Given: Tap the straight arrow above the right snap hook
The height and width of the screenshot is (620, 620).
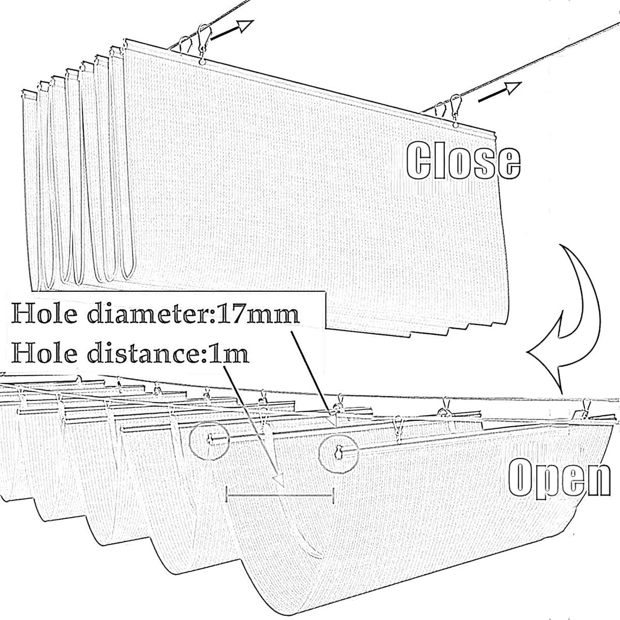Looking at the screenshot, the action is [x=499, y=92].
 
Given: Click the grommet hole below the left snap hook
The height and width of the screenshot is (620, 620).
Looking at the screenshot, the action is [x=202, y=61].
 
